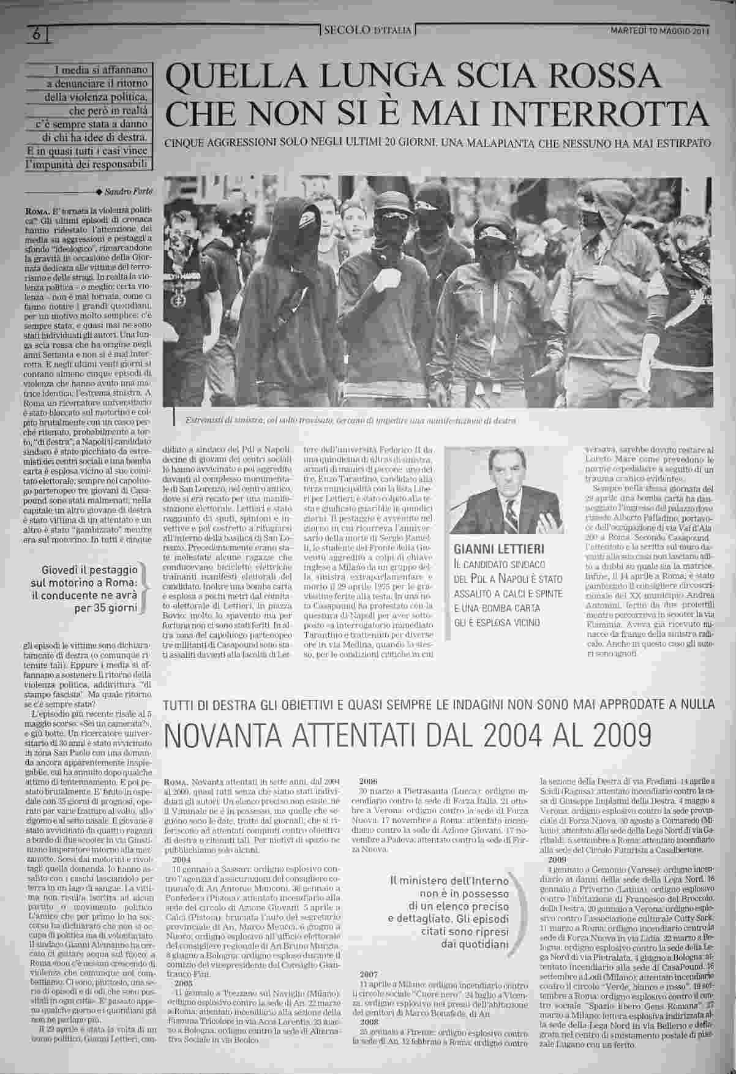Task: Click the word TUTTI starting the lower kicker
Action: (182, 705)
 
